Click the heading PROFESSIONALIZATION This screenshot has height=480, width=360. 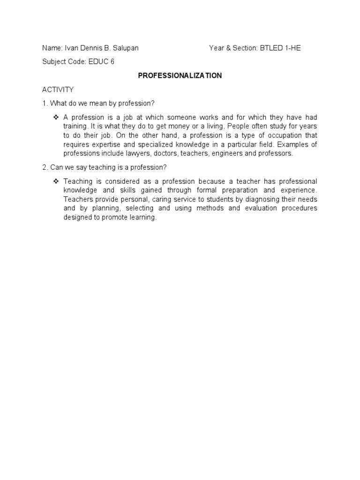tap(180, 75)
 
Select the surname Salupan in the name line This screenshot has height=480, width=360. tap(125, 48)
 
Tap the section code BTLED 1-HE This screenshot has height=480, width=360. tap(280, 48)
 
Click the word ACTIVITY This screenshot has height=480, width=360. tap(58, 89)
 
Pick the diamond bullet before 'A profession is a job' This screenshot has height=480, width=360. tap(56, 117)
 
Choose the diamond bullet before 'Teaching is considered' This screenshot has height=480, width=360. tap(56, 181)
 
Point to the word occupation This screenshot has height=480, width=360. tap(285, 135)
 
